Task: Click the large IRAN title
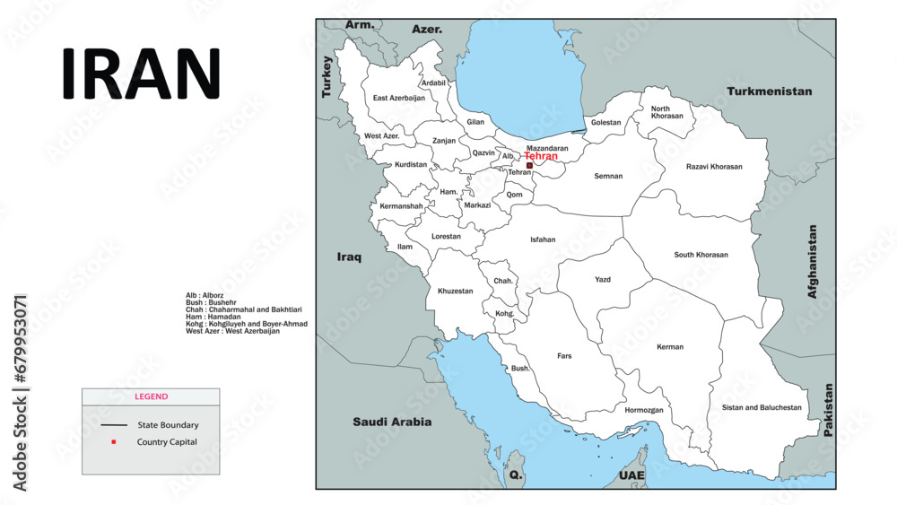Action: pos(141,74)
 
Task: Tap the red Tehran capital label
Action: pos(541,156)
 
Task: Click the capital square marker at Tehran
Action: pos(529,165)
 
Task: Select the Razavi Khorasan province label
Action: pos(714,167)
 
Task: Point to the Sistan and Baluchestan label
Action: pos(762,407)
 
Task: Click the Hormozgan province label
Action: pos(644,410)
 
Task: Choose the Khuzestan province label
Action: pos(455,291)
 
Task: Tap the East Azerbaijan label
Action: pos(399,98)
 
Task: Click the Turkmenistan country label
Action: pos(769,91)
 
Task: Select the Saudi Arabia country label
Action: pos(392,422)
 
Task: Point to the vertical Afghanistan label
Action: pos(813,261)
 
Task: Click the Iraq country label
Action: pos(349,257)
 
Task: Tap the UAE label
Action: pos(631,475)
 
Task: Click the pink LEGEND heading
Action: pos(151,396)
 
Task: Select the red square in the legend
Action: pos(114,442)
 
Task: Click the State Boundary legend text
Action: pos(168,425)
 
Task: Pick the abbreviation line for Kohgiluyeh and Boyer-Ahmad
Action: pos(246,324)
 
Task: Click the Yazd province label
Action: pos(603,280)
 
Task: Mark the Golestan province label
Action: pos(605,123)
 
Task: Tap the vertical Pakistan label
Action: pos(828,411)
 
